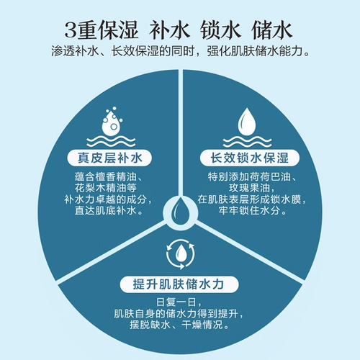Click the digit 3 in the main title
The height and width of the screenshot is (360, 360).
pyautogui.click(x=71, y=31)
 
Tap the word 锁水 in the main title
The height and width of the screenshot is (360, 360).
pyautogui.click(x=220, y=30)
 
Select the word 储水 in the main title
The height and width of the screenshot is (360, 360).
pyautogui.click(x=271, y=30)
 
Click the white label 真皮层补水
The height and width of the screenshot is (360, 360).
pyautogui.click(x=109, y=158)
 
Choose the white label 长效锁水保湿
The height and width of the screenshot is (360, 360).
pyautogui.click(x=250, y=158)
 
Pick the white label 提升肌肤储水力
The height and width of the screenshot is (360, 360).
pyautogui.click(x=179, y=284)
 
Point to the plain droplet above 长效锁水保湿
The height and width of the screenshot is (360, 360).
pyautogui.click(x=247, y=121)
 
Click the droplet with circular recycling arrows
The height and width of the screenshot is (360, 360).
pyautogui.click(x=181, y=254)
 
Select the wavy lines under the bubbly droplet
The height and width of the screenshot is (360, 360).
pyautogui.click(x=111, y=141)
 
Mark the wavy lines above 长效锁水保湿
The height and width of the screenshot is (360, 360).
pyautogui.click(x=247, y=141)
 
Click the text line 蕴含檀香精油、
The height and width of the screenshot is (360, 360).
pyautogui.click(x=109, y=177)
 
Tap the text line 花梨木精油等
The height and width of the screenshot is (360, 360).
pyautogui.click(x=106, y=188)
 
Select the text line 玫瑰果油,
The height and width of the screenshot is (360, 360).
pyautogui.click(x=251, y=188)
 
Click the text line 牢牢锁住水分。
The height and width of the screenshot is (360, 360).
pyautogui.click(x=253, y=210)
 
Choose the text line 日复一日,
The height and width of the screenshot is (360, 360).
pyautogui.click(x=179, y=302)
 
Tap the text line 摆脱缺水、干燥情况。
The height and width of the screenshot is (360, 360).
pyautogui.click(x=179, y=325)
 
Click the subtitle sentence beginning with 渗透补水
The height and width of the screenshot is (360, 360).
pyautogui.click(x=180, y=51)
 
